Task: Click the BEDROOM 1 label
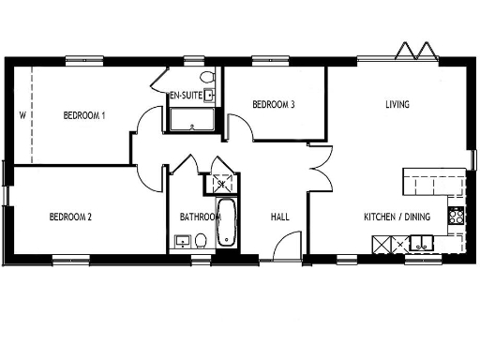pyautogui.click(x=83, y=115)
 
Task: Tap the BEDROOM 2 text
pyautogui.click(x=70, y=217)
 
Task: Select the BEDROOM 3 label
pyautogui.click(x=274, y=105)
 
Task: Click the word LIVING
pyautogui.click(x=397, y=104)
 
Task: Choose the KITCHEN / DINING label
pyautogui.click(x=397, y=217)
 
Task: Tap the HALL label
pyautogui.click(x=279, y=217)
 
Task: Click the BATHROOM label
pyautogui.click(x=200, y=217)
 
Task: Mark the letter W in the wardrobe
pyautogui.click(x=21, y=116)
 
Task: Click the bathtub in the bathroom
pyautogui.click(x=227, y=223)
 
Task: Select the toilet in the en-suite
pyautogui.click(x=207, y=77)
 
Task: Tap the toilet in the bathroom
pyautogui.click(x=200, y=242)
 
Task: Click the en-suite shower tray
pyautogui.click(x=191, y=120)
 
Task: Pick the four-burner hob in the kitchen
pyautogui.click(x=457, y=217)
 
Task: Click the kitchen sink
pyautogui.click(x=420, y=246)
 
